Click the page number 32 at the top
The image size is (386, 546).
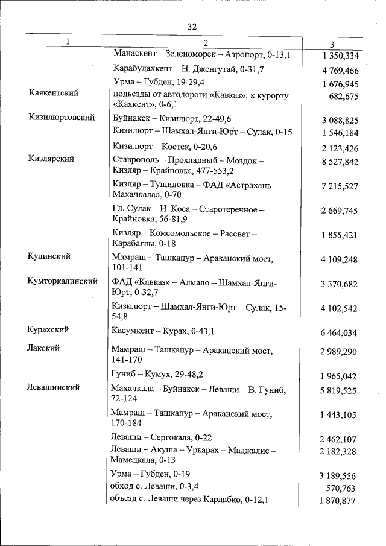[192, 26]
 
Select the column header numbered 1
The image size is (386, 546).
[68, 42]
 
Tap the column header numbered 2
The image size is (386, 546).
[205, 42]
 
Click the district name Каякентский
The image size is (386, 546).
[54, 93]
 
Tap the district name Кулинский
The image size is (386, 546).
[49, 256]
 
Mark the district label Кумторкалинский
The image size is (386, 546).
[63, 281]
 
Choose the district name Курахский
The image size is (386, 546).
[48, 329]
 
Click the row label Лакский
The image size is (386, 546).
[43, 348]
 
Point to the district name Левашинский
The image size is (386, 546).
[54, 387]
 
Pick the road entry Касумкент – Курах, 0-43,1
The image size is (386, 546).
[164, 331]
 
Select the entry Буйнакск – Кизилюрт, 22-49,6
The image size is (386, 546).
[172, 118]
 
